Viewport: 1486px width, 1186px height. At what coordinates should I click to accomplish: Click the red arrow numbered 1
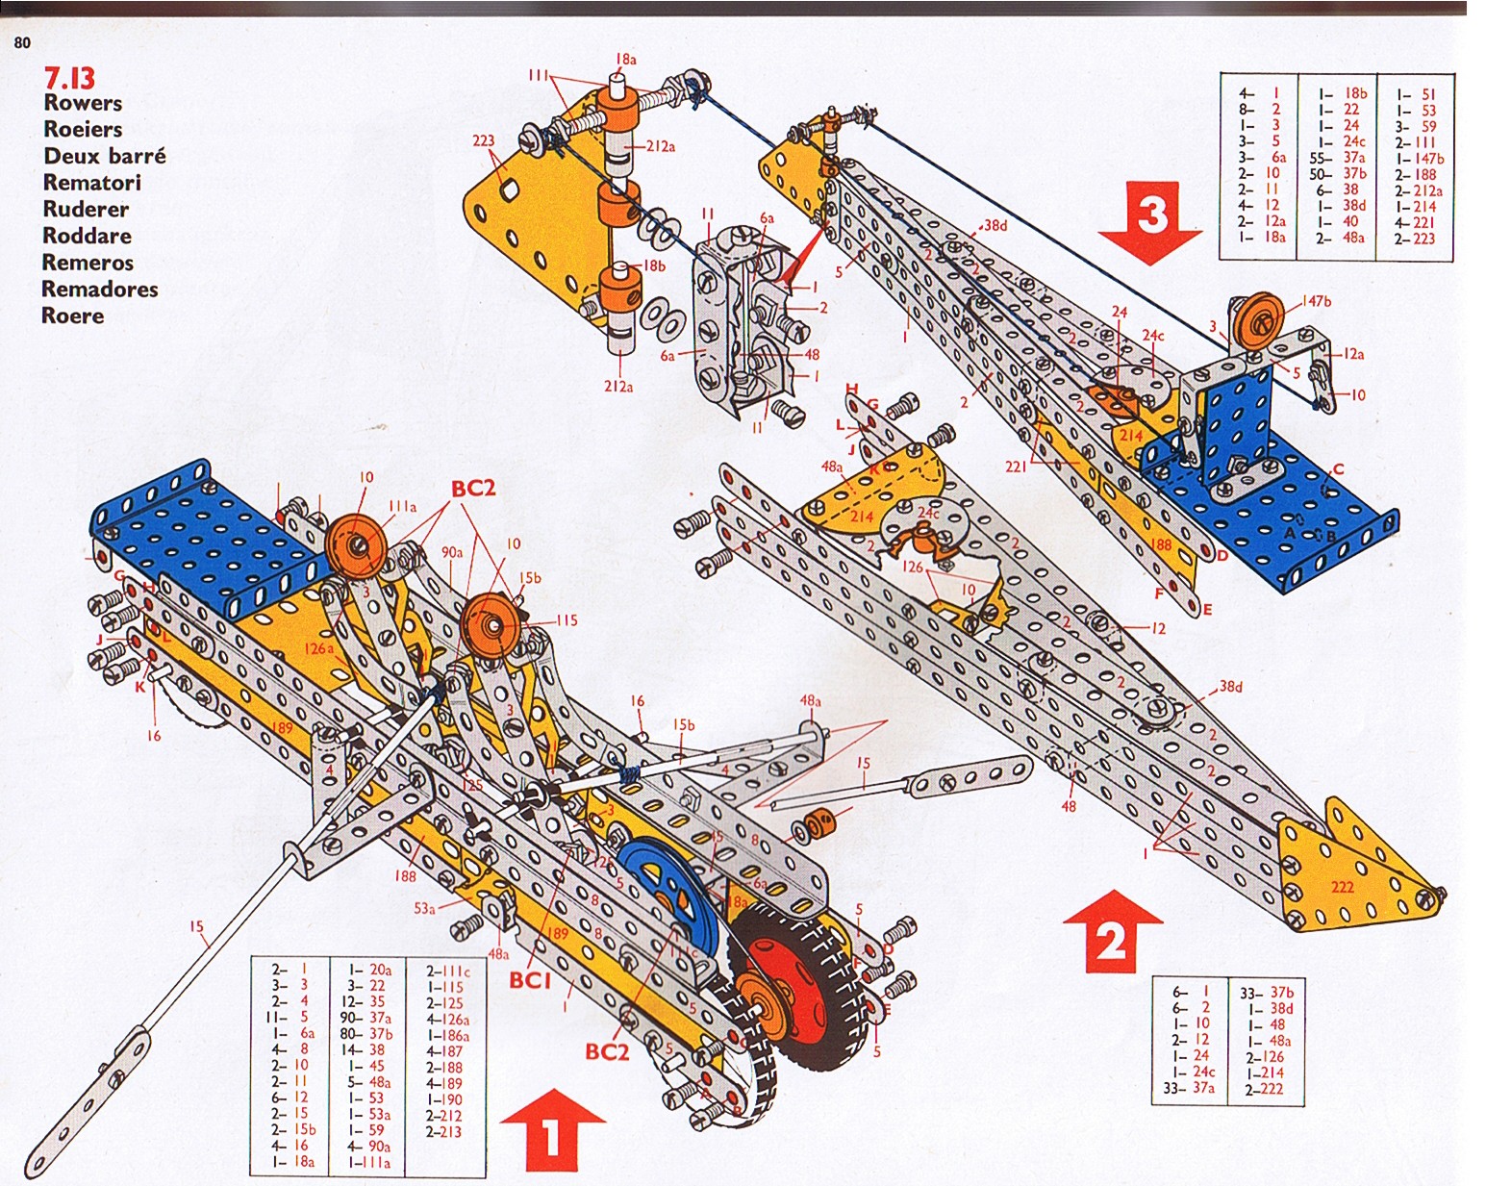click(551, 1130)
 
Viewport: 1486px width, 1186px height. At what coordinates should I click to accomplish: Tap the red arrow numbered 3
click(1151, 220)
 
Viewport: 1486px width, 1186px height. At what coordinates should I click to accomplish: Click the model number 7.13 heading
click(70, 78)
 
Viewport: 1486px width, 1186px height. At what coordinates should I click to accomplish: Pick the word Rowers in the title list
click(83, 103)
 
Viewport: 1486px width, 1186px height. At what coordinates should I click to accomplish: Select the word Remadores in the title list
click(99, 289)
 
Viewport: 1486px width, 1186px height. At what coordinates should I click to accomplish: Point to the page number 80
click(22, 42)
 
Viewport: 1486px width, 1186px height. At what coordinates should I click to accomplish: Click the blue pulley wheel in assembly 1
click(659, 890)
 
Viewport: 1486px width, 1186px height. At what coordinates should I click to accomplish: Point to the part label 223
click(483, 141)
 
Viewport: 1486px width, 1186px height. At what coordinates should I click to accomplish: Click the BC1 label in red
click(530, 980)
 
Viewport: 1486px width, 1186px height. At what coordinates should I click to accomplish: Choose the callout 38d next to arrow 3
click(995, 226)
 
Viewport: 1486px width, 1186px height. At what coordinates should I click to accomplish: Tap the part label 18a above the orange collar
click(625, 60)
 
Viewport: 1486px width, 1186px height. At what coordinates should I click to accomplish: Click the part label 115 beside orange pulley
click(566, 620)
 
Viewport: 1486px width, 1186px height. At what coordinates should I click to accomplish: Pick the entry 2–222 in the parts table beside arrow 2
click(1263, 1089)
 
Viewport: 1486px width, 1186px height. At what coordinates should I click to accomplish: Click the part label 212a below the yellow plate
click(618, 387)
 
